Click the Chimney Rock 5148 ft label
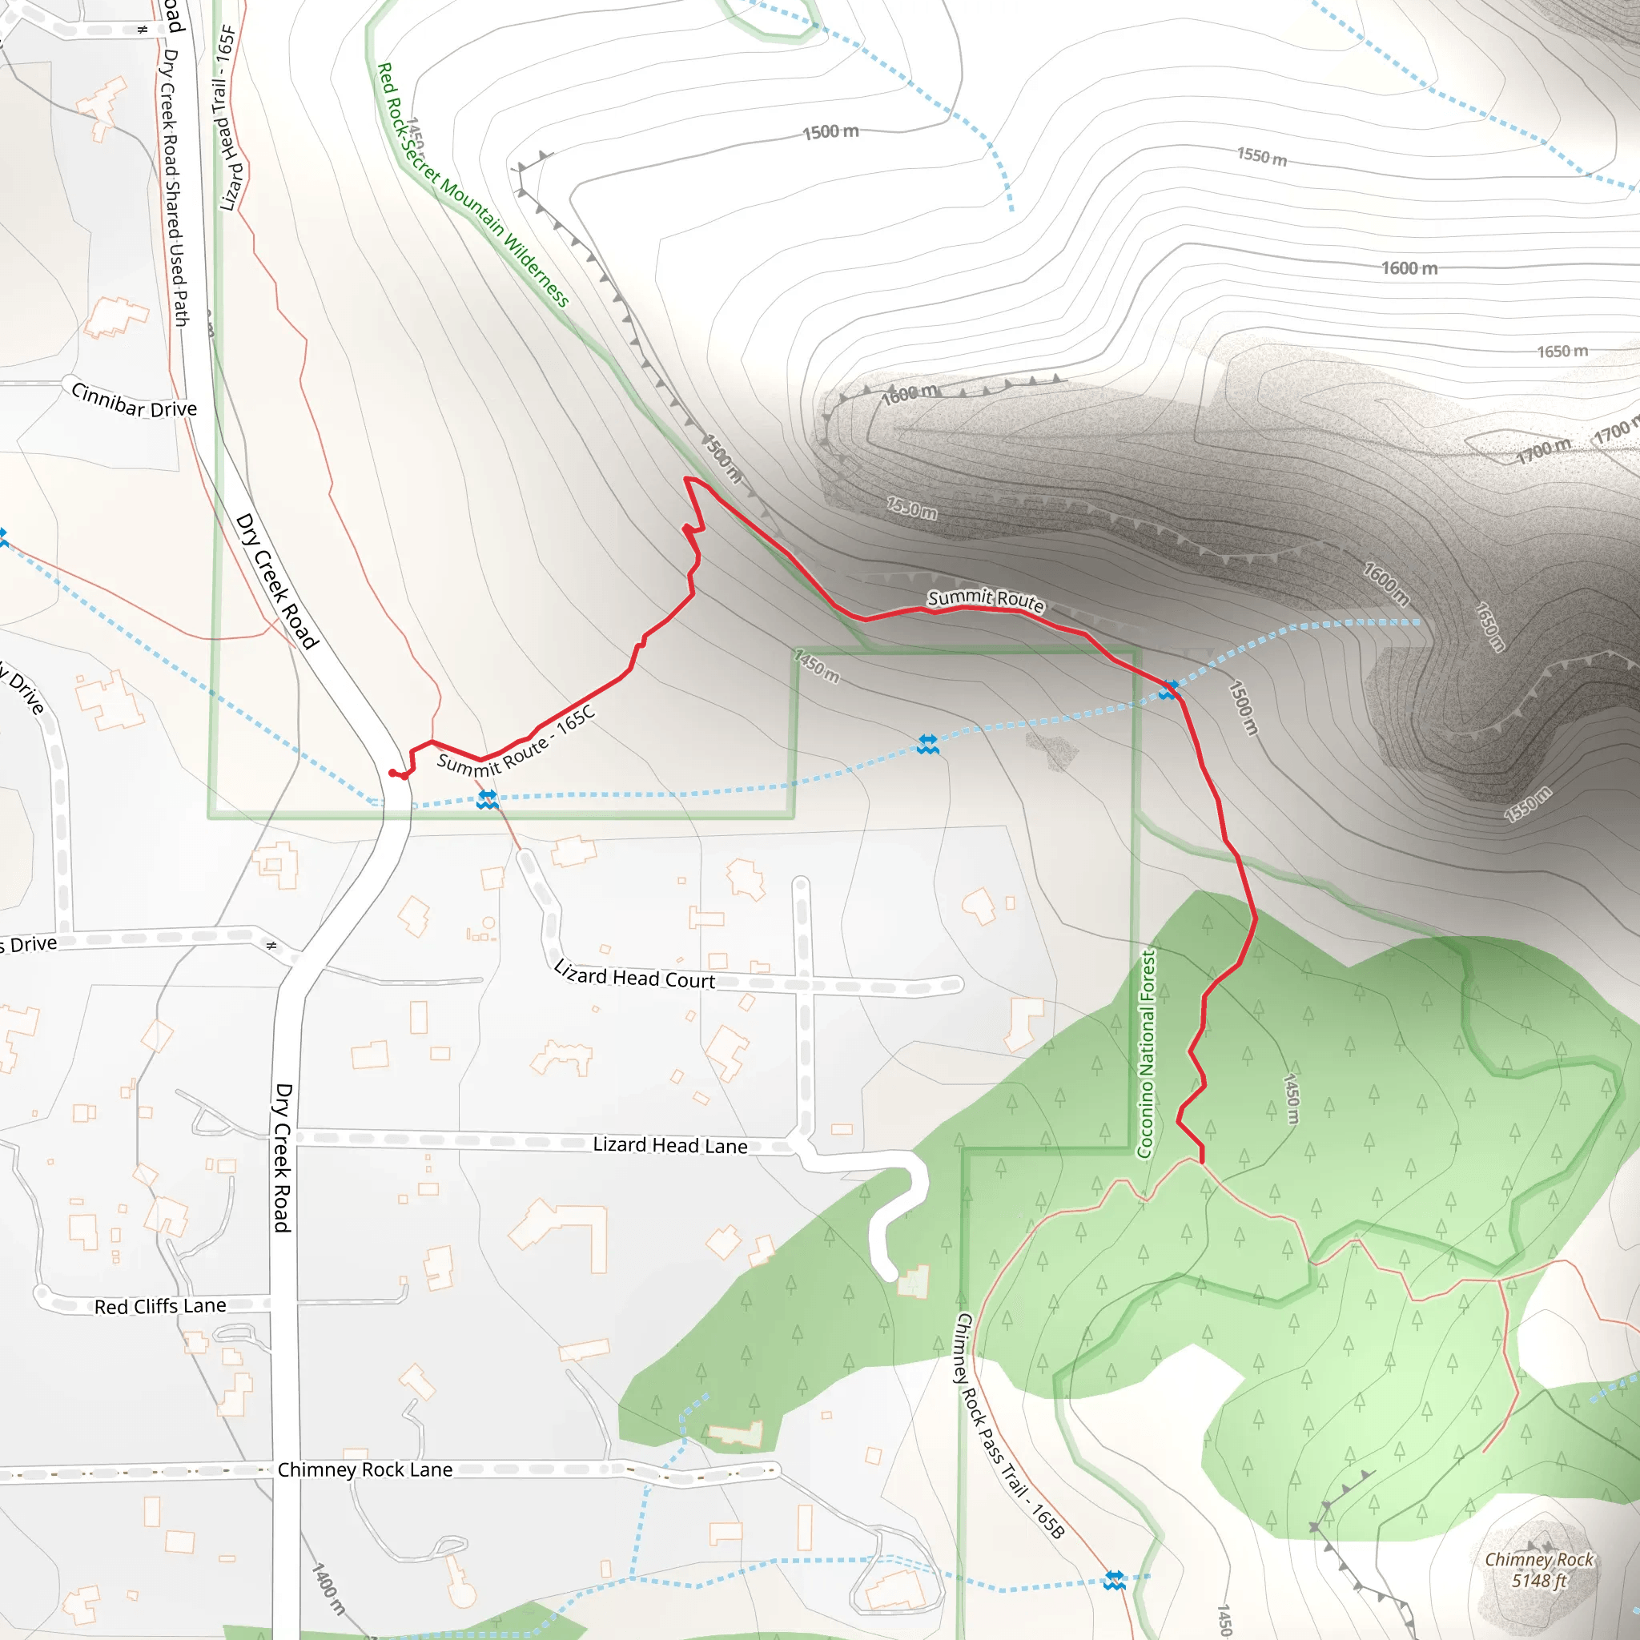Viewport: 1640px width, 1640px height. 1538,1570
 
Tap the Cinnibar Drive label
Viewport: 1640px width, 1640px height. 134,400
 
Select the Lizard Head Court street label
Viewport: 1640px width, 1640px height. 634,976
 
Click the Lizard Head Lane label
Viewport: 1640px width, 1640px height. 669,1145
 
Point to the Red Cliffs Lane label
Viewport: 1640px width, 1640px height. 159,1306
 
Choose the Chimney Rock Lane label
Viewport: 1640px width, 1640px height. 365,1469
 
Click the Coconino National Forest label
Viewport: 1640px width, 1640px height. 1146,1052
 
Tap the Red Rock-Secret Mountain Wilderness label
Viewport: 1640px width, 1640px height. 472,184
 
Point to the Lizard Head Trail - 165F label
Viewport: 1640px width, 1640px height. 228,118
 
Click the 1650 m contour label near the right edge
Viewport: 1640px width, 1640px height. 1562,352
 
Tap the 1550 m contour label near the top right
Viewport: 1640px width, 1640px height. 1261,157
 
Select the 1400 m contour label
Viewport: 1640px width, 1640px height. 329,1588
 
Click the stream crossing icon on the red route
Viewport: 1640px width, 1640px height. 1169,690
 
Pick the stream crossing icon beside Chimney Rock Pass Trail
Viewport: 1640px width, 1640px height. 1114,1581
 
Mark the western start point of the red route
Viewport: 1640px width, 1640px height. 392,773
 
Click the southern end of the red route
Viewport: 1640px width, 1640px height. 1202,1161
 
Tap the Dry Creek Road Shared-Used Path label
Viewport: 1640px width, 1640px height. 173,187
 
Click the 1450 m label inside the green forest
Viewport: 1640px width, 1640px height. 1291,1099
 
